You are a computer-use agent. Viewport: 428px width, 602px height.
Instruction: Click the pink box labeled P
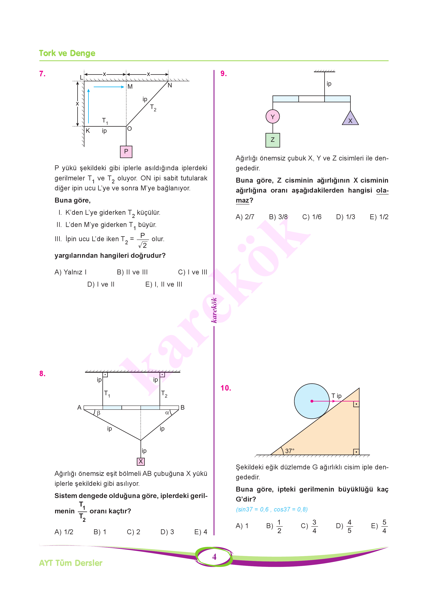pyautogui.click(x=126, y=152)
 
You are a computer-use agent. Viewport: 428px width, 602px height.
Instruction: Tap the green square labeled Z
pyautogui.click(x=273, y=140)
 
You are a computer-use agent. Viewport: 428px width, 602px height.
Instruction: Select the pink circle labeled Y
pyautogui.click(x=273, y=117)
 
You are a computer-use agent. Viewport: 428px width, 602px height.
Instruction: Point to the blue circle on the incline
pyautogui.click(x=312, y=401)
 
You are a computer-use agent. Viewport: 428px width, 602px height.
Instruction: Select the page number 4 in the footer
pyautogui.click(x=214, y=557)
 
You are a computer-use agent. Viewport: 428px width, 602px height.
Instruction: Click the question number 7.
pyautogui.click(x=42, y=74)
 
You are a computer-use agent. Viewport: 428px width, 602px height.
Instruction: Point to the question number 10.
pyautogui.click(x=226, y=388)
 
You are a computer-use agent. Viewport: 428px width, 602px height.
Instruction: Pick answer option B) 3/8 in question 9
pyautogui.click(x=278, y=217)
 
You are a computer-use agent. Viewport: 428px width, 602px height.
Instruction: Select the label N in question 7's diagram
pyautogui.click(x=170, y=85)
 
